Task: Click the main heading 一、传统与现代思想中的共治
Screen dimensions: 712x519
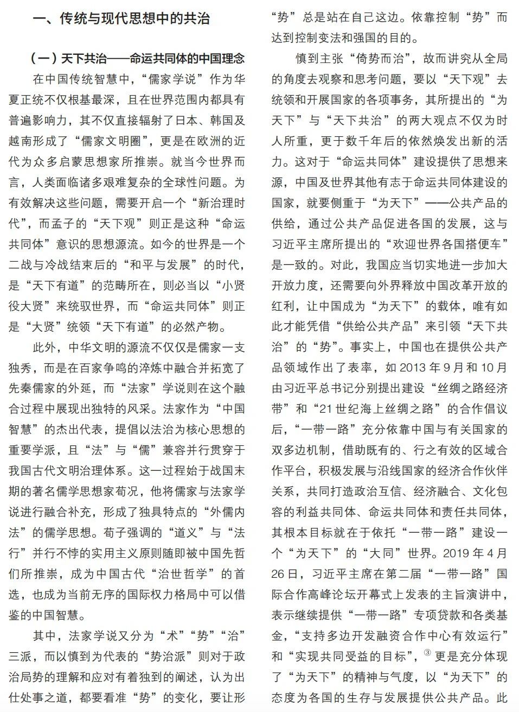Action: coord(121,19)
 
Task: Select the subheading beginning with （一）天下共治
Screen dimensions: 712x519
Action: coord(137,58)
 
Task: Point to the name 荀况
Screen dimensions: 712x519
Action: coord(126,492)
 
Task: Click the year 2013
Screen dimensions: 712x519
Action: coord(414,368)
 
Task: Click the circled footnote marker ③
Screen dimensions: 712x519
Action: coord(427,653)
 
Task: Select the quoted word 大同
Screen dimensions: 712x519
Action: coord(384,553)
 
